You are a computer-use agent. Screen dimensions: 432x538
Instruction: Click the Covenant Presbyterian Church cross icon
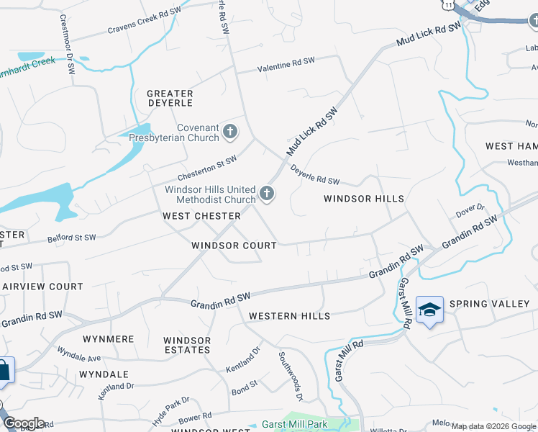pos(230,131)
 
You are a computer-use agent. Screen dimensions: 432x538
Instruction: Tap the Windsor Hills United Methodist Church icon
pos(267,193)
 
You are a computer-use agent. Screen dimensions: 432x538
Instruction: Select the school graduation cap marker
pos(429,310)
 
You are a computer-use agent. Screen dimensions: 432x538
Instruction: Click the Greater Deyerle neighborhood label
pos(170,99)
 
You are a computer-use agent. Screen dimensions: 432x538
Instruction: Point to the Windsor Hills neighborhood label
pos(363,199)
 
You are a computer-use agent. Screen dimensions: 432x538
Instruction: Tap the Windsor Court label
pos(234,246)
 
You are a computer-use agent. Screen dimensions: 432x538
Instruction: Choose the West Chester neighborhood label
pos(201,216)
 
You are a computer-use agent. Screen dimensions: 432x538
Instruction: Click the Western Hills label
pos(289,316)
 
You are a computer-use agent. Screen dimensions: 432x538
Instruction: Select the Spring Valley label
pos(489,304)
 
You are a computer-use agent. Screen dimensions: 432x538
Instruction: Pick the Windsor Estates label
pos(187,345)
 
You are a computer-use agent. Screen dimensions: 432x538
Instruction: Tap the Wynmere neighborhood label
pos(109,338)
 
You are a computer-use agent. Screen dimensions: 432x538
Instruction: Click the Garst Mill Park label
pos(295,425)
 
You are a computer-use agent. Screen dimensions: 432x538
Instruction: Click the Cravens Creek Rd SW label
pos(143,22)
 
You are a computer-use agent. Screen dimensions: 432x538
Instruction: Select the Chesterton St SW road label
pos(207,169)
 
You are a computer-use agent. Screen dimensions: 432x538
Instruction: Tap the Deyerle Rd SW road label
pos(314,176)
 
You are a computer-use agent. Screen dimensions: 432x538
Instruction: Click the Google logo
pos(24,423)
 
